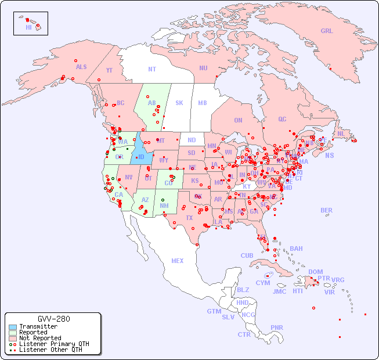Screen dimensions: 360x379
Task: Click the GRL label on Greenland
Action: tap(327, 31)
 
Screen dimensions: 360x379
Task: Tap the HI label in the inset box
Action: tap(28, 27)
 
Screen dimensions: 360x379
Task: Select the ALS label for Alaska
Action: tap(81, 67)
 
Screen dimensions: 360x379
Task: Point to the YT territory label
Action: tap(109, 70)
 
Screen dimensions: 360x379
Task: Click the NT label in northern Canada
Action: tap(151, 69)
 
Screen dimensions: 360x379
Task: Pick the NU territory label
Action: tap(203, 68)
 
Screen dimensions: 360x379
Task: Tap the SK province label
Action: tap(179, 103)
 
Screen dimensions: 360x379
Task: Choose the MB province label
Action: tap(202, 103)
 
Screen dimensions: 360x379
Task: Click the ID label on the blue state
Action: tap(140, 157)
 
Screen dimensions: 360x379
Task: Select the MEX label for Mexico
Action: tap(178, 261)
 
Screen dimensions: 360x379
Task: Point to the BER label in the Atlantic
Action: tap(326, 210)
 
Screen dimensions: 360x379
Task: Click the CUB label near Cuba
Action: tap(247, 255)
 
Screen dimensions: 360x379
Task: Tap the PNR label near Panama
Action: tap(277, 327)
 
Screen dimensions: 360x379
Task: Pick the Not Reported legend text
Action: tap(40, 338)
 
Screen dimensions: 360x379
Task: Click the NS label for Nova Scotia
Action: tap(329, 156)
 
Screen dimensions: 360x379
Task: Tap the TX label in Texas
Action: tap(189, 218)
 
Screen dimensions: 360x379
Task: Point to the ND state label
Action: tap(192, 141)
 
